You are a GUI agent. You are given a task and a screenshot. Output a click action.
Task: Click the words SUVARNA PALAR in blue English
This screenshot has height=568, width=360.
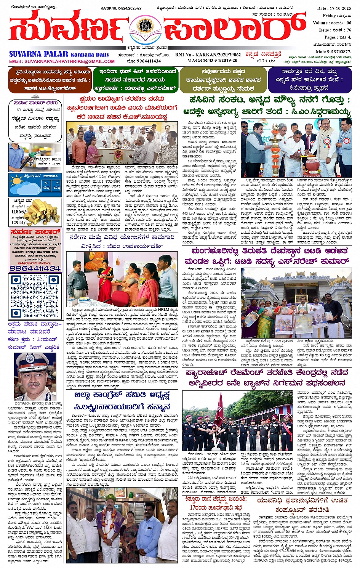coord(38,54)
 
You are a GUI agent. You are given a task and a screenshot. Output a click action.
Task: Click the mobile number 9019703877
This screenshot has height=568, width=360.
coord(339,52)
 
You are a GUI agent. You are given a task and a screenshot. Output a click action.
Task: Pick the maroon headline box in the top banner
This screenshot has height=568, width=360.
coord(50,80)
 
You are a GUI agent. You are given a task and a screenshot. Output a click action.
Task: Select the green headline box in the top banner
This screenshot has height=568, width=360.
coord(136,80)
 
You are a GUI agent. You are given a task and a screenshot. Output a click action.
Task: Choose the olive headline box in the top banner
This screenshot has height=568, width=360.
coord(223,80)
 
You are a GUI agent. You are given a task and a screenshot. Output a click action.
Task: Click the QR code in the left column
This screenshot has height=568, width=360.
coord(35,296)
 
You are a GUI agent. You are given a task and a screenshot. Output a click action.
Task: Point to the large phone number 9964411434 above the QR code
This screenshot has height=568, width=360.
coord(35,268)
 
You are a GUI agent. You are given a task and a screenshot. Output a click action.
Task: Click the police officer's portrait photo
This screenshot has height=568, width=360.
coord(35,376)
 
